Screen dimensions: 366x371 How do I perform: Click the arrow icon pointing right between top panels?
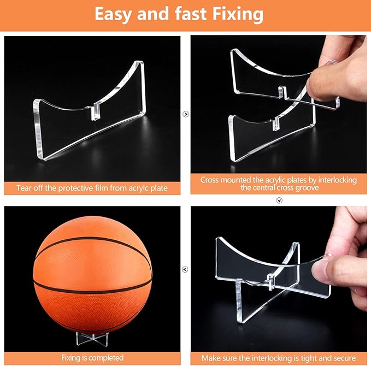click(186, 114)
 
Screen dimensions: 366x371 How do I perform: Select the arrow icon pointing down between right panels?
click(279, 200)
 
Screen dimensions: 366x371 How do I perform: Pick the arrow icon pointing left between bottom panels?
click(186, 269)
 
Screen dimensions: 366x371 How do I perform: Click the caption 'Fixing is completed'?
click(92, 357)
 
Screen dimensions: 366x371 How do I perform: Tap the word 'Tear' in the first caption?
click(25, 188)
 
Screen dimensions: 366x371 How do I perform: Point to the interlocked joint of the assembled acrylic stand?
click(270, 281)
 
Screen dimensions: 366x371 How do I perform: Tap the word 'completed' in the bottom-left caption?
click(108, 357)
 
